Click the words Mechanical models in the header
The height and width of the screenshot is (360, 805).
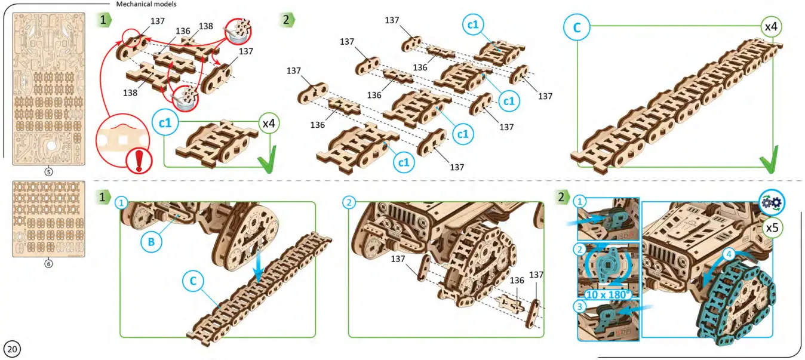point(146,4)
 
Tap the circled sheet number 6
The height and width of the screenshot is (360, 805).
point(48,263)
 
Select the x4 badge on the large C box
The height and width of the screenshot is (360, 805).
point(770,27)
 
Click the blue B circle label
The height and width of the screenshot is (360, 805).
point(151,242)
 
